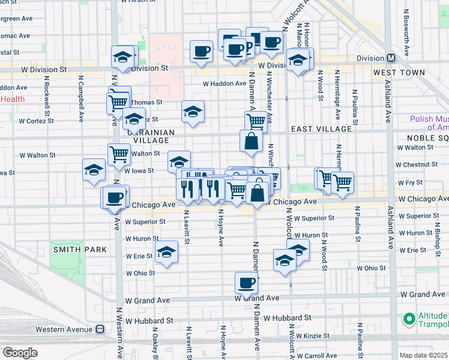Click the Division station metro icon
(x=391, y=58)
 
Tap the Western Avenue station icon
(x=99, y=329)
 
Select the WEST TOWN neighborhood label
(x=399, y=73)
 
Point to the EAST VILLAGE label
(x=321, y=129)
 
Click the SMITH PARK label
(x=79, y=249)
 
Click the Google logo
(x=20, y=353)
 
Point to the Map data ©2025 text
(x=423, y=355)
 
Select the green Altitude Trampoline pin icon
(x=409, y=319)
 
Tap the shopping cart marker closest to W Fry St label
(x=342, y=181)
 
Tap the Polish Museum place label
(x=429, y=123)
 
